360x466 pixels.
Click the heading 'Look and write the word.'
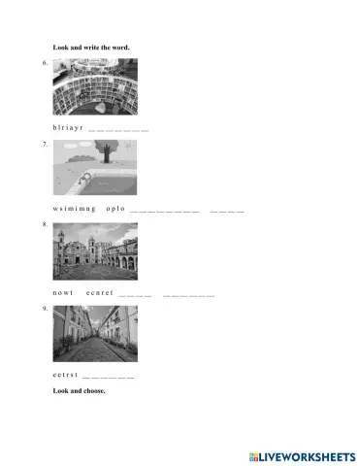(x=91, y=47)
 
